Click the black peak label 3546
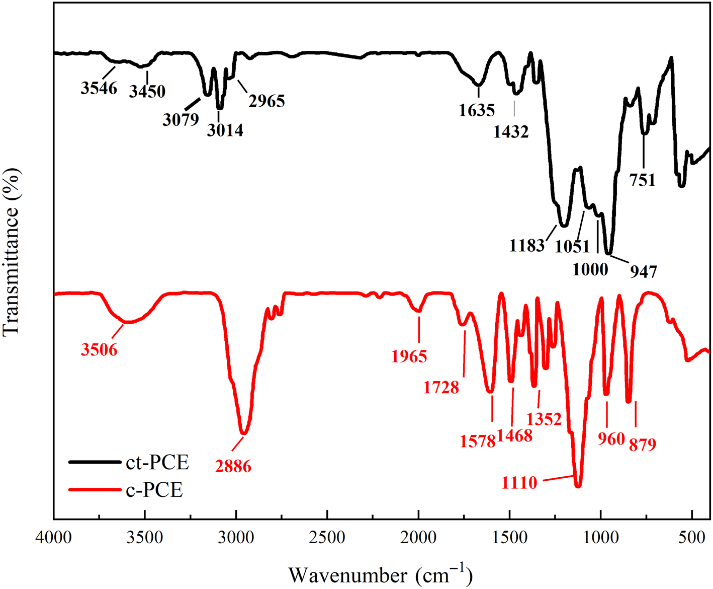click(99, 88)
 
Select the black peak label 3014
click(225, 130)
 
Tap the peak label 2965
click(267, 101)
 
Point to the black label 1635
click(477, 110)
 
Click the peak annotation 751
click(643, 180)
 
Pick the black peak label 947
click(644, 271)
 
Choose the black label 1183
click(526, 246)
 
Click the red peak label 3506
click(99, 349)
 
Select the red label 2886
click(233, 466)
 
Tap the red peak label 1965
click(409, 356)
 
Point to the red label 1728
click(441, 387)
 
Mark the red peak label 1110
click(519, 483)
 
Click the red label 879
click(643, 445)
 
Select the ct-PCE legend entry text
click(157, 462)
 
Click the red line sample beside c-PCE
click(95, 489)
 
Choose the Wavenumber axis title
click(381, 575)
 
